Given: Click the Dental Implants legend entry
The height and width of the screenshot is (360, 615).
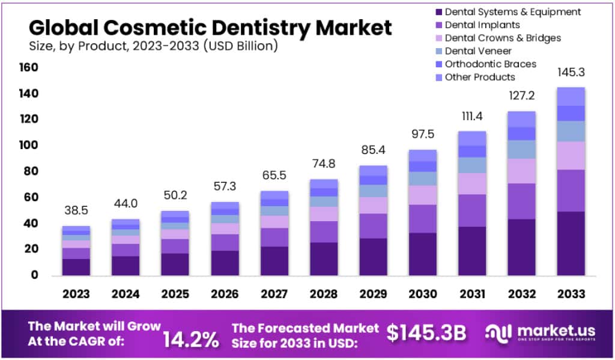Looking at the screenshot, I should click(482, 25).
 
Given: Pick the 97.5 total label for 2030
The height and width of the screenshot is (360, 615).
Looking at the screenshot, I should click(422, 133).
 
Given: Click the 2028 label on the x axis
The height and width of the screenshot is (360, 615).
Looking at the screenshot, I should click(323, 294).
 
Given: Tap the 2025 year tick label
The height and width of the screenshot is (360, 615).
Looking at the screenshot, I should click(175, 294).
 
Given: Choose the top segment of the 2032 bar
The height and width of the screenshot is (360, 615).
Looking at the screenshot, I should click(521, 119).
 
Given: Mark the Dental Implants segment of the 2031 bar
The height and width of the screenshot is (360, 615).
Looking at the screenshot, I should click(471, 210).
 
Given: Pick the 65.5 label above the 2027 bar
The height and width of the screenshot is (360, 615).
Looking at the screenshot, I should click(274, 176).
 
